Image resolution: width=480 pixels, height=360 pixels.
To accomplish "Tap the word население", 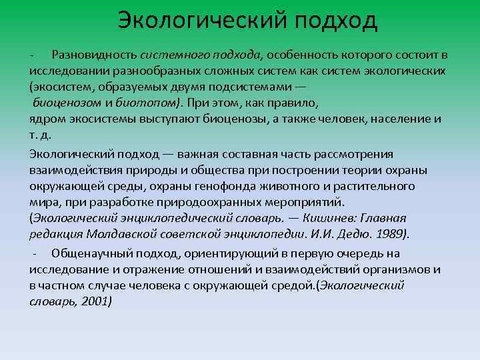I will (x=401, y=119).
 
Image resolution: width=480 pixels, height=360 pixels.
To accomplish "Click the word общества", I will (x=232, y=169).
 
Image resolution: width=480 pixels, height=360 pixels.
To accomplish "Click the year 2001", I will (x=96, y=301).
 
